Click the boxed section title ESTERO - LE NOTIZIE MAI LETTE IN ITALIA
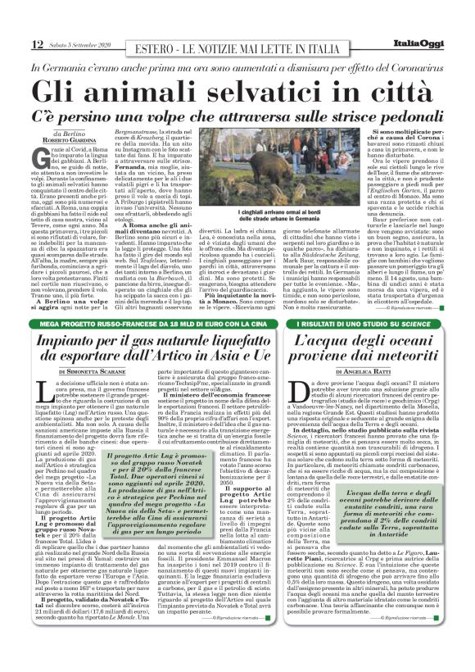point(236,44)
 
